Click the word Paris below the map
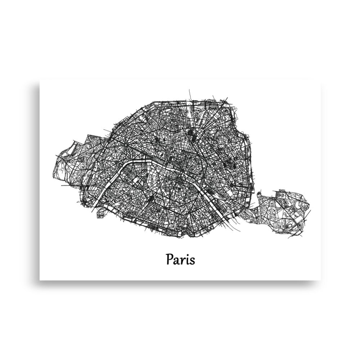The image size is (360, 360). tap(180, 259)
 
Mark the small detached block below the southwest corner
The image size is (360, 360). tap(101, 214)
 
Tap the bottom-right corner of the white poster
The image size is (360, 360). tap(320, 280)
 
